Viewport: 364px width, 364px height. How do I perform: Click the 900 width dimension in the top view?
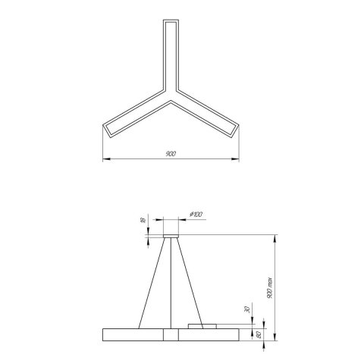coord(170,154)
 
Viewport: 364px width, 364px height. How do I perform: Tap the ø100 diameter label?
coord(196,215)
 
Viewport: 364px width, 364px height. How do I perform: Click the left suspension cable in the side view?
coord(151,281)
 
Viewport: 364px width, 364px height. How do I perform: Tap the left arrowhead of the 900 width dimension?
coord(105,159)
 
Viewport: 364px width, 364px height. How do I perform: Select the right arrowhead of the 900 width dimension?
coord(236,159)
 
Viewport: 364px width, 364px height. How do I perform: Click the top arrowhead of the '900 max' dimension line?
coord(275,237)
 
